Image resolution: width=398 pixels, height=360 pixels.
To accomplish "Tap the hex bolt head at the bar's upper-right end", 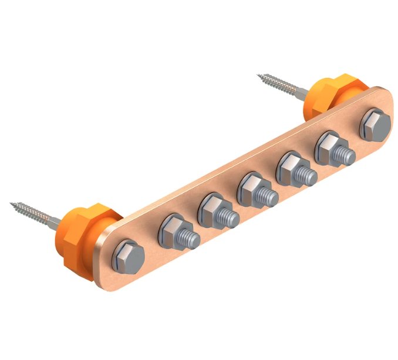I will click(374, 124).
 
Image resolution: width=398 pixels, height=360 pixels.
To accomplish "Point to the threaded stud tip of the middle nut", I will click(267, 193).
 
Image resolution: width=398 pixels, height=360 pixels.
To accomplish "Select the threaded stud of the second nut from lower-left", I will click(231, 218).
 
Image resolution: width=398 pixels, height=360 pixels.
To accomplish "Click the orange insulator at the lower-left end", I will click(85, 226).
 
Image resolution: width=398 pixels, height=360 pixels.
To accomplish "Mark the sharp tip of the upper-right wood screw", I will click(259, 75).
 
